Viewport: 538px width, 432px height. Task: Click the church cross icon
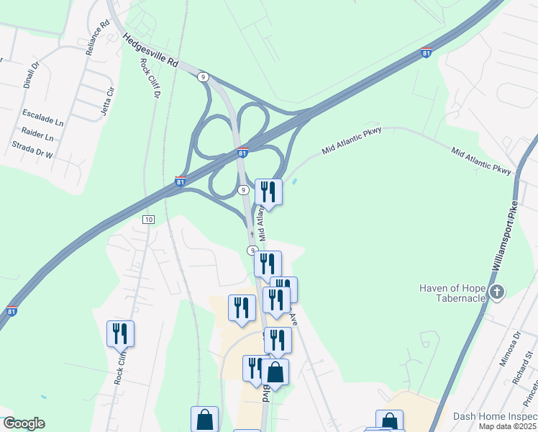496,292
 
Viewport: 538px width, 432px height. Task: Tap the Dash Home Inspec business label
495,417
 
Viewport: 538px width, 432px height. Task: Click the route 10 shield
148,219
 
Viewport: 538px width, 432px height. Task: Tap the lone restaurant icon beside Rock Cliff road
120,333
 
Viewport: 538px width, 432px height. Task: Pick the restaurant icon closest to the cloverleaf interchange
268,192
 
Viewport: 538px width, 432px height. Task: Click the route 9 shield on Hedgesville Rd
204,76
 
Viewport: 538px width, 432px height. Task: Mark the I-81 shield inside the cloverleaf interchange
242,153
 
